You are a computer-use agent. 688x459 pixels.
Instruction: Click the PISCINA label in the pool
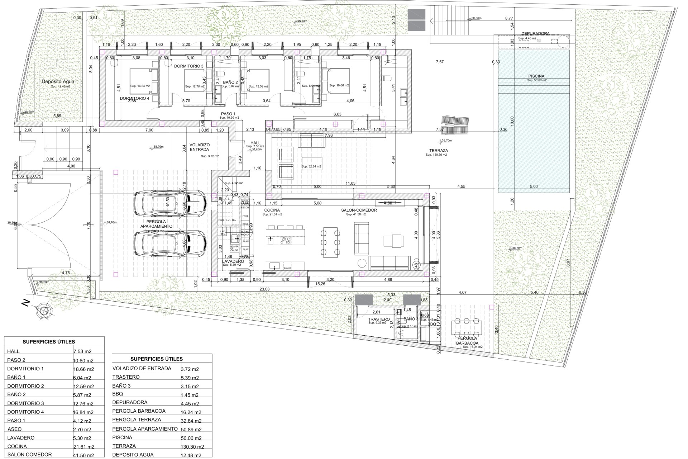coord(536,76)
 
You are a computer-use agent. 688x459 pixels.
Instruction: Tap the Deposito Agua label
coord(58,81)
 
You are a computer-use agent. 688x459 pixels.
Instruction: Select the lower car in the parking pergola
coord(170,243)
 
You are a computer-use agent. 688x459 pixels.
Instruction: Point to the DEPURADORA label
coord(535,34)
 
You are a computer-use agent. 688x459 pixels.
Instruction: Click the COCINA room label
coord(272,210)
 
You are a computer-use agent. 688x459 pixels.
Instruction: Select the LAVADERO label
coord(233,261)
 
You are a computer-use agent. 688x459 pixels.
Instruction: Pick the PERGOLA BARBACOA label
coord(467,341)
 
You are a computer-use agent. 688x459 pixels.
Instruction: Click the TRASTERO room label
coord(378,319)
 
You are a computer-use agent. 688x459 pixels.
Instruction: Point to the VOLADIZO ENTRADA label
coord(200,147)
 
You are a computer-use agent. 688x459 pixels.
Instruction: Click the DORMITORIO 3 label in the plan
coord(188,66)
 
